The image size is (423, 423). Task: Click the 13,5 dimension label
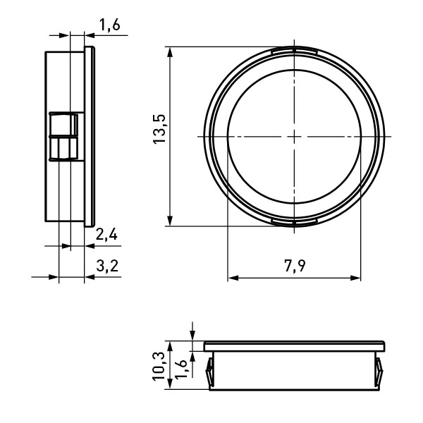tap(159, 129)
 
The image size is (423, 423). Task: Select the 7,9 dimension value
tap(295, 266)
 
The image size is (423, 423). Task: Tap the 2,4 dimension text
tap(106, 235)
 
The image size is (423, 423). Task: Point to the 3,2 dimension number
tap(107, 266)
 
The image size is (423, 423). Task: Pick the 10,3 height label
tap(159, 367)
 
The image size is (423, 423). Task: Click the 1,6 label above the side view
tap(109, 25)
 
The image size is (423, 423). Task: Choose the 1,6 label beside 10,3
tap(181, 369)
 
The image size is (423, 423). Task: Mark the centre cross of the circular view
tap(294, 137)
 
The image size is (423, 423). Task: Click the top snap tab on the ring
tap(294, 51)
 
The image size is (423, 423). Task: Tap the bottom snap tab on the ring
tap(294, 222)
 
